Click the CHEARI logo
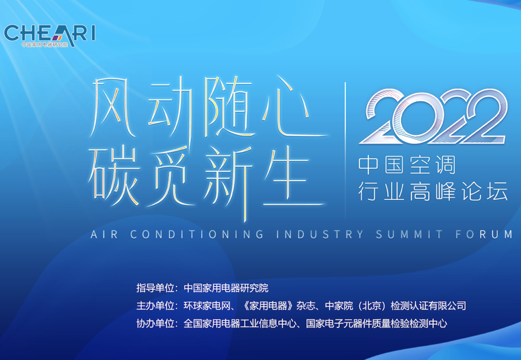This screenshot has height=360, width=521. (x=49, y=35)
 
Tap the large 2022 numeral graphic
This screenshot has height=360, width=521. (x=433, y=117)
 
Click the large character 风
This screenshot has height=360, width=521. (x=112, y=108)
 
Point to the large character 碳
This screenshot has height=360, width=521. (x=113, y=177)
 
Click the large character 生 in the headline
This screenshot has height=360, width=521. (x=292, y=178)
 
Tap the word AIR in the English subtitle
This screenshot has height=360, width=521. (x=104, y=234)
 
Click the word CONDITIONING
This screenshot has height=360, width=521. (x=197, y=234)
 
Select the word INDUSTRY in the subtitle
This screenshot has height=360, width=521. (x=320, y=234)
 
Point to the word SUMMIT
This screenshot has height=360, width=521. (x=409, y=234)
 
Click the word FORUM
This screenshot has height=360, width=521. (x=484, y=234)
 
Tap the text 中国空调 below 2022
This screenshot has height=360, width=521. (x=407, y=165)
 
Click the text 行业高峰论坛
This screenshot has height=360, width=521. (x=433, y=191)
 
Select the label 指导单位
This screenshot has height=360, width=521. (x=155, y=288)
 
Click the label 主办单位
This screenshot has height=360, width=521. (x=155, y=306)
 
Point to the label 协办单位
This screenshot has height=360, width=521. (x=155, y=324)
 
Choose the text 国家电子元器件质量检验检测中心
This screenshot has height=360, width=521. (x=376, y=324)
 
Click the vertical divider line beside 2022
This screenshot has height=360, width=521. (x=345, y=150)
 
